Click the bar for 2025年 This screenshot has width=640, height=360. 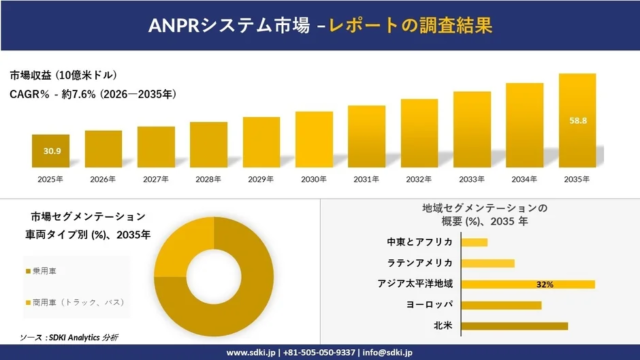(51, 151)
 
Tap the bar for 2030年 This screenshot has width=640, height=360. (314, 139)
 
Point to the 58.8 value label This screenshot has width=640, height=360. (578, 120)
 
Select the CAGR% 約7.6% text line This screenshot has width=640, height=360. (93, 94)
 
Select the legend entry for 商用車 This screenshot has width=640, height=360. (75, 301)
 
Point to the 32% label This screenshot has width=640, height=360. (545, 284)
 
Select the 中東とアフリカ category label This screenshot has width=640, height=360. (419, 242)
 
